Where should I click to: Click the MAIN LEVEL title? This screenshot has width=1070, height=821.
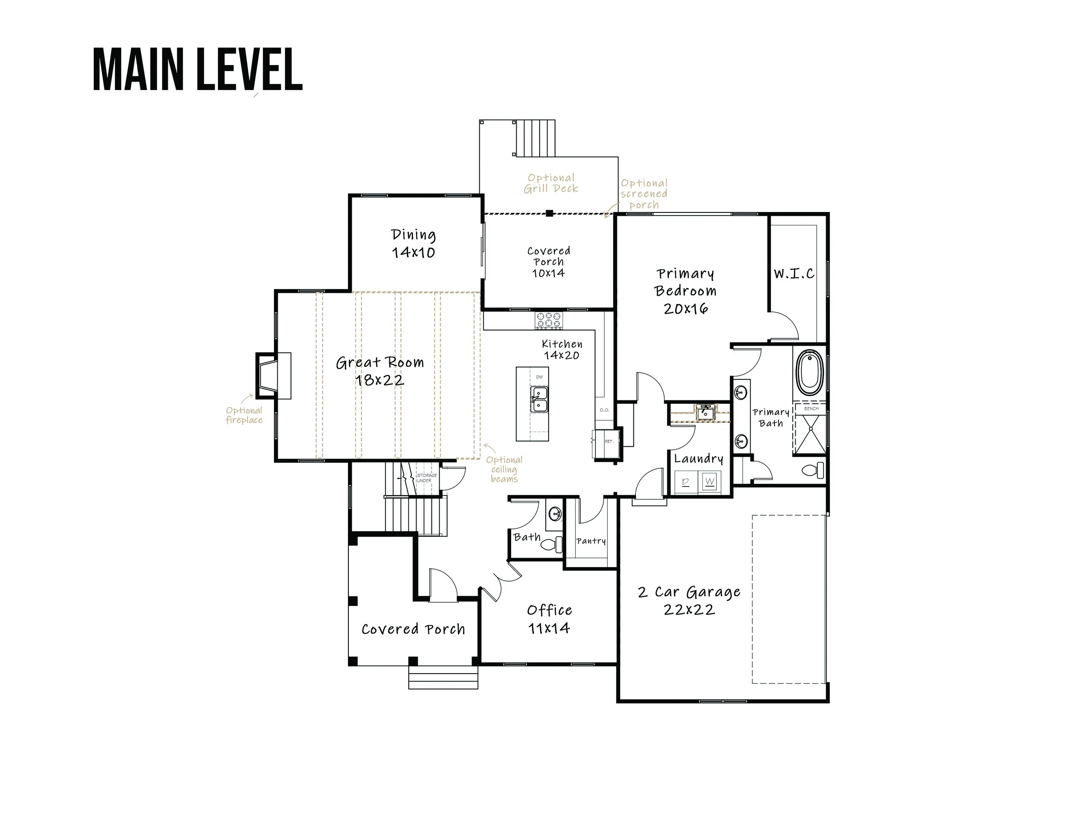point(197,69)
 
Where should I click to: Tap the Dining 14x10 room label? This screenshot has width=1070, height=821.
point(413,243)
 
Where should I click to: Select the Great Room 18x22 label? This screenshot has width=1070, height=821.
point(380,371)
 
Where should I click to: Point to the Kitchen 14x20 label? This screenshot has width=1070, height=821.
point(562,349)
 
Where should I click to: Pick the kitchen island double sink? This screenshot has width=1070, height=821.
point(539,400)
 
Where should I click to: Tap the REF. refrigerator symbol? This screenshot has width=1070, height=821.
point(607,443)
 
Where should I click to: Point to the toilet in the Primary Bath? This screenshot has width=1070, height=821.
point(813,470)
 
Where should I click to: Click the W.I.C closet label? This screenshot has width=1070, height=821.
point(794,273)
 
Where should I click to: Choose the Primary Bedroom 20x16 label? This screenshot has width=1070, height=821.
point(685,291)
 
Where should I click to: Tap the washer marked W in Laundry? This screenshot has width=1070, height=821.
point(710,481)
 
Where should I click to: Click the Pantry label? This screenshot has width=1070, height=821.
point(591,541)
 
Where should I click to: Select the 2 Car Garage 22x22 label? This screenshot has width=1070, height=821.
point(689,600)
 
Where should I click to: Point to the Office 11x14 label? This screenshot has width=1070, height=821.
point(550,619)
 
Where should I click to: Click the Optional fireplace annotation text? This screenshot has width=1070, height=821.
point(244,415)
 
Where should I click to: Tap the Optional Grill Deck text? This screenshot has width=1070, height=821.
point(551,183)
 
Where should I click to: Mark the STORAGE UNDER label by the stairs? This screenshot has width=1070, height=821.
point(426,478)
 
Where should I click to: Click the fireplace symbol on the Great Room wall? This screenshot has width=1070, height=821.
point(273,376)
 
